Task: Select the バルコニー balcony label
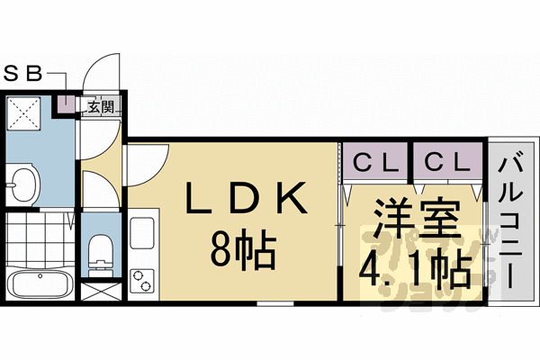(512, 220)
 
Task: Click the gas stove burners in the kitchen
(142, 282)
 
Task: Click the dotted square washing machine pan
(23, 114)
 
